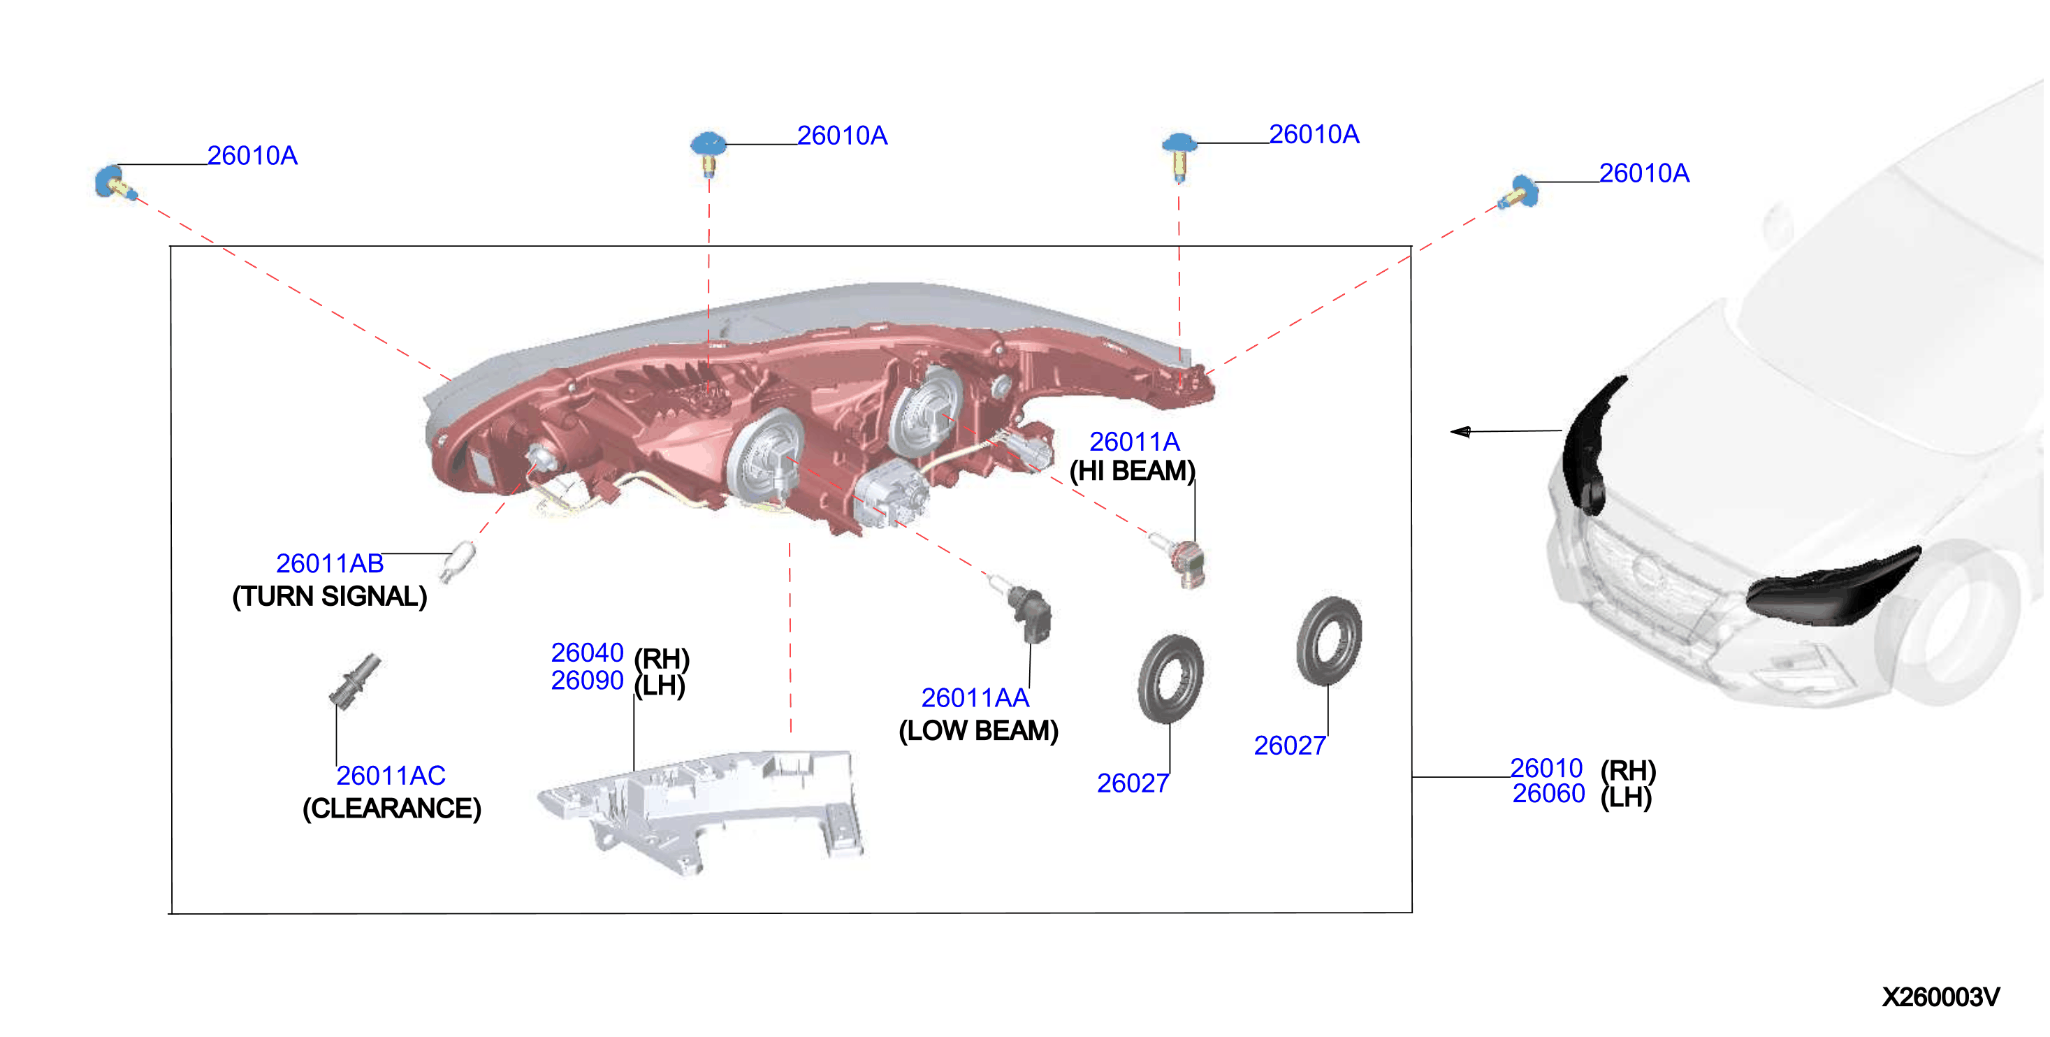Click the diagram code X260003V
pos(1940,996)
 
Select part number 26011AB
pos(330,563)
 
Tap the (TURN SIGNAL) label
pos(330,596)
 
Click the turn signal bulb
pos(458,560)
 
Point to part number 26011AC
pos(391,775)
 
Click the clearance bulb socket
pos(355,681)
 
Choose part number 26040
pos(588,653)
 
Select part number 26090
pos(588,681)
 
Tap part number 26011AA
pos(975,698)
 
